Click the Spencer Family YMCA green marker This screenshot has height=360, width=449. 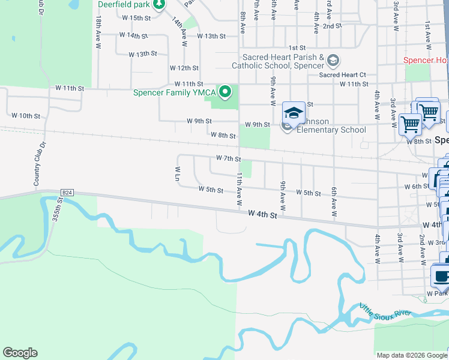[225, 92]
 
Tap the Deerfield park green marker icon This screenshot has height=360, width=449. [158, 5]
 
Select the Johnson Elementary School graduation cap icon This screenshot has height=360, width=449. [294, 113]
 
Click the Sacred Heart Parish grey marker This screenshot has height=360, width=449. [333, 61]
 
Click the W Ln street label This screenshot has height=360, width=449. [178, 173]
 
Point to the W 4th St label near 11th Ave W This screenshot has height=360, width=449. [263, 214]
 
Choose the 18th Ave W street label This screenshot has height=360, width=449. [98, 33]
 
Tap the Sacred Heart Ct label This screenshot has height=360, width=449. [342, 75]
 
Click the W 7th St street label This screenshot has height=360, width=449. [228, 159]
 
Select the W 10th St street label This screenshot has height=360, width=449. [26, 115]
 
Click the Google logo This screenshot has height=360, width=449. [20, 353]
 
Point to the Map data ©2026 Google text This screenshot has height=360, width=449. [412, 355]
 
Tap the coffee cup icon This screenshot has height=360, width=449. [442, 277]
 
